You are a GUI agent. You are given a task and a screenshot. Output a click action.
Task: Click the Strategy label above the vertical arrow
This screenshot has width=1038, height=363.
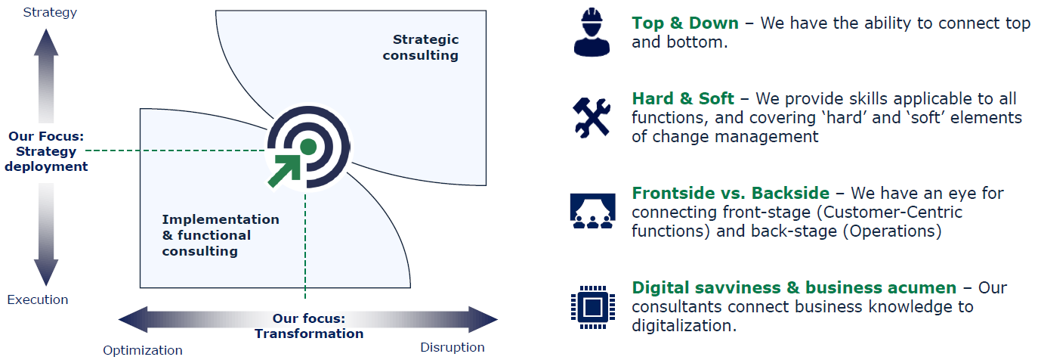pyautogui.click(x=50, y=12)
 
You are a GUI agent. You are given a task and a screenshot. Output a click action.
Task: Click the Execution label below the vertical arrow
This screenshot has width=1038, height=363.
pyautogui.click(x=38, y=299)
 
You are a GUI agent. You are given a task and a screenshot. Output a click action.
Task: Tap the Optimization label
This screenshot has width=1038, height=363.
pyautogui.click(x=143, y=350)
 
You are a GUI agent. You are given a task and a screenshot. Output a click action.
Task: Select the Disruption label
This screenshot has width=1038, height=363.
pyautogui.click(x=452, y=347)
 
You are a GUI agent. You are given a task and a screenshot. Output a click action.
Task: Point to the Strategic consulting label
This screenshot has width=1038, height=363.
pyautogui.click(x=421, y=47)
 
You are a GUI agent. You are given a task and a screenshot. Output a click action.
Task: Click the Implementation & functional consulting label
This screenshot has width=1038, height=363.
pyautogui.click(x=220, y=234)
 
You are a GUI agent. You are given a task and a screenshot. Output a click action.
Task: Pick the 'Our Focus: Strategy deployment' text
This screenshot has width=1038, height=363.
pyautogui.click(x=46, y=151)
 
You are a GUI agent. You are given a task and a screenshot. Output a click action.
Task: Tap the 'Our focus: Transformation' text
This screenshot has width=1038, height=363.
pyautogui.click(x=309, y=326)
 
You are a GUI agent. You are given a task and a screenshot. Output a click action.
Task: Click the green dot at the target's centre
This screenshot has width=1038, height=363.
pyautogui.click(x=307, y=146)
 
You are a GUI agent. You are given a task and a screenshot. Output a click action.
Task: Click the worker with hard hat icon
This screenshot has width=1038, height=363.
pyautogui.click(x=591, y=33)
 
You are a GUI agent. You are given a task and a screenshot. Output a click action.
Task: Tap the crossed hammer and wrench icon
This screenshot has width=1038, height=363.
pyautogui.click(x=591, y=118)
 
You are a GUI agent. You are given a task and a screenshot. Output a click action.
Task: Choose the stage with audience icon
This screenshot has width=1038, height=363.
pyautogui.click(x=591, y=210)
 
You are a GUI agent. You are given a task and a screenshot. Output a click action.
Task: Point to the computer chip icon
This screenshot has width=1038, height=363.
pyautogui.click(x=591, y=306)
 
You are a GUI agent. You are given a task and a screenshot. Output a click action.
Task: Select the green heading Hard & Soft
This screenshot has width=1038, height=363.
pyautogui.click(x=683, y=99)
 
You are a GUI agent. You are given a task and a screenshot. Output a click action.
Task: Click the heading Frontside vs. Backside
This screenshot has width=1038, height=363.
pyautogui.click(x=731, y=194)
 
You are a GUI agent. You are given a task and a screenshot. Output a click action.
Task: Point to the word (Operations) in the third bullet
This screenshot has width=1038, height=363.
pyautogui.click(x=891, y=231)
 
